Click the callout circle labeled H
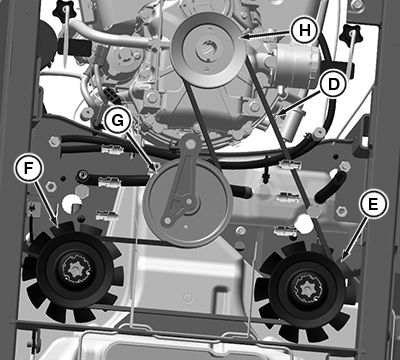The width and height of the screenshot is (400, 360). click(304, 30)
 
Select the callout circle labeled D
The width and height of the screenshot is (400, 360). click(333, 85)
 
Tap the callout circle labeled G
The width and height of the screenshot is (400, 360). click(117, 121)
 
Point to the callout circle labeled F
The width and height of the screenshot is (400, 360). click(29, 168)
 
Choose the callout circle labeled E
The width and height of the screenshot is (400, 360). click(373, 204)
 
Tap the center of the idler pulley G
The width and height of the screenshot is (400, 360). click(189, 202)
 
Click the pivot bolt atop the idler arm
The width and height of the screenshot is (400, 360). click(190, 143)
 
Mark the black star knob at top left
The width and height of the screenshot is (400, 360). click(64, 9)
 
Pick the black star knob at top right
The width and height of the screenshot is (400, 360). click(350, 32)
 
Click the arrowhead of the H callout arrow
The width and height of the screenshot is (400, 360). click(244, 37)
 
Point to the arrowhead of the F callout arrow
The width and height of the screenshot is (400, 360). click(57, 225)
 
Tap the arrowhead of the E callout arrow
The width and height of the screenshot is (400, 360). click(343, 258)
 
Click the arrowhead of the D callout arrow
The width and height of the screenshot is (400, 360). click(277, 115)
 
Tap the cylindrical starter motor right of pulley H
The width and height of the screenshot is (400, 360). click(293, 61)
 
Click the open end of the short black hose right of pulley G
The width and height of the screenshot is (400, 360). click(247, 192)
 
